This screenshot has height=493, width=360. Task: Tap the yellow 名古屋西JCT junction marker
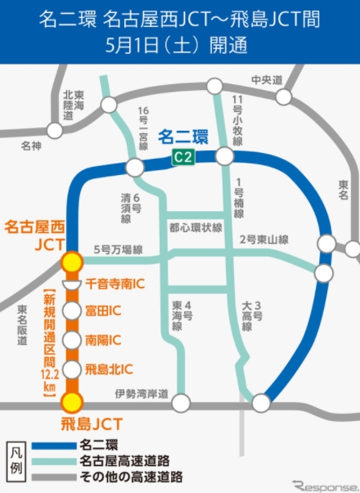coord(73,262)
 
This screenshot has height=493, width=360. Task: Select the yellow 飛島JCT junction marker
coord(73,401)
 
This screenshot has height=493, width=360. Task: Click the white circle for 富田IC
coord(73,312)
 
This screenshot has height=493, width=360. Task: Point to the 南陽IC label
coord(103,340)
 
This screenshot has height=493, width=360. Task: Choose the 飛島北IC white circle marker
coord(73,369)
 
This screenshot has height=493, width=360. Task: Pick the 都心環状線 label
coord(196,228)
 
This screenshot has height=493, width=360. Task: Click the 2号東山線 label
coord(263,240)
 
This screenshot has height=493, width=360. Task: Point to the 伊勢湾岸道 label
coord(142,395)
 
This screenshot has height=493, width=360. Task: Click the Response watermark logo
coord(324,483)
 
